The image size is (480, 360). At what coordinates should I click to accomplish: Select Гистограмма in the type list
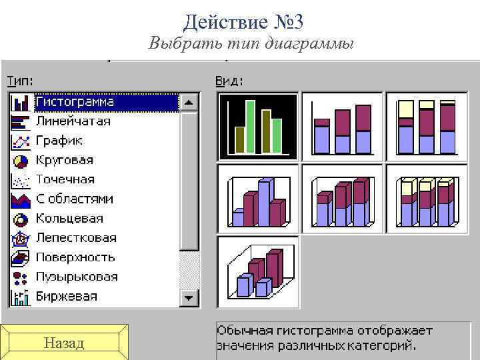pos(75,103)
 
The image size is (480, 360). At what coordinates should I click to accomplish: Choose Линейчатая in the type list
pos(73,122)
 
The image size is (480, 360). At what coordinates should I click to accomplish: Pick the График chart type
pos(59,141)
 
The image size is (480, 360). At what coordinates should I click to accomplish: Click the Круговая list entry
pos(65,161)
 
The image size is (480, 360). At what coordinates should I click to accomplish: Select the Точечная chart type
pos(65,180)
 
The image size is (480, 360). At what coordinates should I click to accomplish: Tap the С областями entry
pos(75,199)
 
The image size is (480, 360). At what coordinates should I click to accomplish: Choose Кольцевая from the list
pos(69,219)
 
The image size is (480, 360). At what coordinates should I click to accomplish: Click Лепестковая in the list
pos(76,238)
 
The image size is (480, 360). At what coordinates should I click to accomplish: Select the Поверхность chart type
pos(75,257)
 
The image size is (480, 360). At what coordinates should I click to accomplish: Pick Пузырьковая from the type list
pos(77,277)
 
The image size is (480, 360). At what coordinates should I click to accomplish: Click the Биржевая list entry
pos(67,296)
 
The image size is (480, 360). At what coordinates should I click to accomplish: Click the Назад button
pos(63,343)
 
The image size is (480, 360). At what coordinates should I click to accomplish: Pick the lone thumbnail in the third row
pos(258,272)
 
